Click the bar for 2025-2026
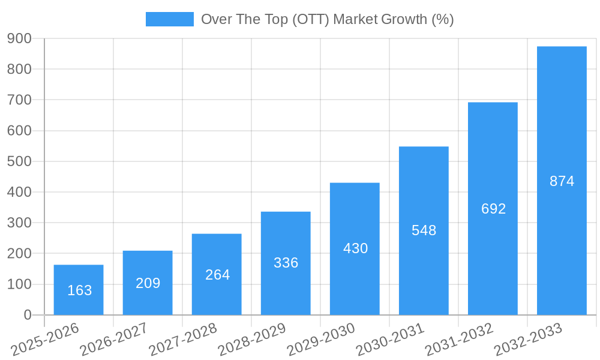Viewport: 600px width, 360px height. (79, 290)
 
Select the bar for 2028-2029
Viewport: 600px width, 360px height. (286, 263)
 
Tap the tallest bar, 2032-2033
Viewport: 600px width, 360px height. (562, 181)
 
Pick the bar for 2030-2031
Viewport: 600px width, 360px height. (424, 230)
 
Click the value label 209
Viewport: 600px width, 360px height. (148, 283)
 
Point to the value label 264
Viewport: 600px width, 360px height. (217, 275)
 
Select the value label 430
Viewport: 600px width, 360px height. (355, 248)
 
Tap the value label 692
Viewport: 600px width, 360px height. (493, 209)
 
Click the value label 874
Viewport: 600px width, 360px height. (562, 181)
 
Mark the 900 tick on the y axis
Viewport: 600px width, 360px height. (20, 38)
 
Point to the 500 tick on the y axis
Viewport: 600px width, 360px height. (20, 161)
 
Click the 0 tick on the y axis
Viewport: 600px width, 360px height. (28, 315)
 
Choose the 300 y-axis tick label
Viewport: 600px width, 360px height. (20, 223)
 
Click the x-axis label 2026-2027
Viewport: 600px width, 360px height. (113, 339)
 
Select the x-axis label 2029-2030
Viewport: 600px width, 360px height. (320, 339)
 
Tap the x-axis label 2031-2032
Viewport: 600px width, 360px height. (459, 339)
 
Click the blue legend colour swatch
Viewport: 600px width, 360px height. (170, 19)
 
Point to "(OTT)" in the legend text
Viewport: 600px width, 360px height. (311, 19)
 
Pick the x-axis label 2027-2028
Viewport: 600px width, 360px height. (182, 339)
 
